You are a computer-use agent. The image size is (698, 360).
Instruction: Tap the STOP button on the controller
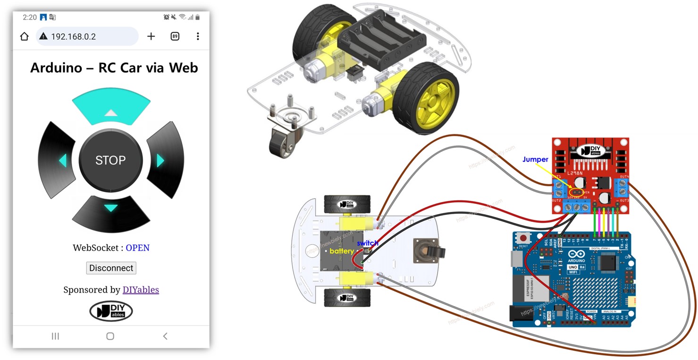point(110,160)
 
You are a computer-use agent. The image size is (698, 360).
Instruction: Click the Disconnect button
point(111,268)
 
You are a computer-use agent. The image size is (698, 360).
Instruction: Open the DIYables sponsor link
point(141,290)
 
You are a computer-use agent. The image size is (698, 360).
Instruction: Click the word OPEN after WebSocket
point(137,248)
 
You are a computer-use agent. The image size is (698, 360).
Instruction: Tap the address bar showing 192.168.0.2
point(87,36)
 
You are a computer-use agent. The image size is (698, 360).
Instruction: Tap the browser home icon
point(25,36)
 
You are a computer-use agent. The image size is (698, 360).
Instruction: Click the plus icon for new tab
point(151,36)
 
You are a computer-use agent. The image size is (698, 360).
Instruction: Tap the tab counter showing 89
point(175,36)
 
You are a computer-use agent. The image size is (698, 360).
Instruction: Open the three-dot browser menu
point(198,36)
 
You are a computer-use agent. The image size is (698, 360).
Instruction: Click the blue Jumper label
point(535,159)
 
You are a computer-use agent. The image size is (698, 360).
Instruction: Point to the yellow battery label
point(341,251)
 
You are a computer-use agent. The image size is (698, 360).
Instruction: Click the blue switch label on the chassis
point(367,243)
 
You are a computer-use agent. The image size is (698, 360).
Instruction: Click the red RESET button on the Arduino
point(523,238)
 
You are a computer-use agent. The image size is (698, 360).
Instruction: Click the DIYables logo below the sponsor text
point(111,311)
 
